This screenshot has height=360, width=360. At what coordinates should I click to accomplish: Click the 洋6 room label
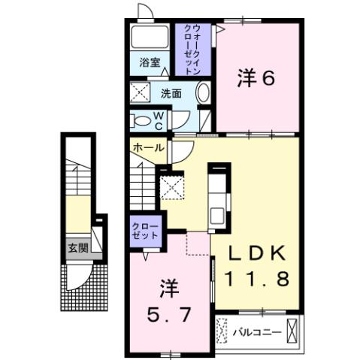(x=255, y=78)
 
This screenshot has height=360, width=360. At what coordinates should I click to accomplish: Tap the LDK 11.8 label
(x=255, y=267)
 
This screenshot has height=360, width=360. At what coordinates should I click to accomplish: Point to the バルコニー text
(x=256, y=331)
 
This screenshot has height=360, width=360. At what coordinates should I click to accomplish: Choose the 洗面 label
(x=171, y=95)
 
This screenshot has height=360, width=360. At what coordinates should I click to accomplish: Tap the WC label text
(x=160, y=119)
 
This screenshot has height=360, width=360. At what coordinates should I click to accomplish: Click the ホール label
(x=148, y=148)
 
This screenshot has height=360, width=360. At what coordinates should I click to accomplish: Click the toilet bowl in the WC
(x=140, y=120)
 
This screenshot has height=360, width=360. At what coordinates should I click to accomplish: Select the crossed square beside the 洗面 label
(x=141, y=95)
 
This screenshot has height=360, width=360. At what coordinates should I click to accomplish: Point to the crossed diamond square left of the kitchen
(x=173, y=183)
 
